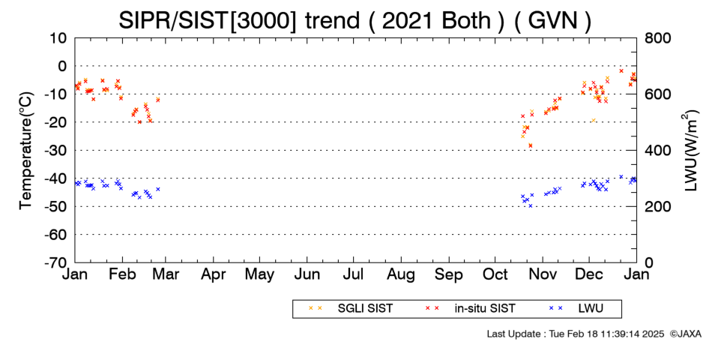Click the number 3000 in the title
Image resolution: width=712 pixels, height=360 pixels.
point(265,20)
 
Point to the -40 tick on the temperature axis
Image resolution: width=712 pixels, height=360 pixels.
point(55,178)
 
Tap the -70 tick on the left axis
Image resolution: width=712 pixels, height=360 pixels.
point(55,262)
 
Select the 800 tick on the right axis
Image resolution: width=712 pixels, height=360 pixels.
point(657,38)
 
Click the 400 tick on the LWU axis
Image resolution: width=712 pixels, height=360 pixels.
point(657,151)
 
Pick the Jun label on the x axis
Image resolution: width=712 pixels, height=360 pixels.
point(307,274)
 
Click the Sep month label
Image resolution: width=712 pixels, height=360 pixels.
point(449,274)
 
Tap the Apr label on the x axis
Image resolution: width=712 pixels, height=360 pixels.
point(213,274)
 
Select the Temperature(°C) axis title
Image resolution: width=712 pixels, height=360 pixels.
point(26,151)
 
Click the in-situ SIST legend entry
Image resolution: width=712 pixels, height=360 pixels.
point(470,309)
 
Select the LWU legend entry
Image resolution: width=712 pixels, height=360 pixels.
point(576,309)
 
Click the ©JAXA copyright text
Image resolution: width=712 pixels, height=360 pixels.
point(685,334)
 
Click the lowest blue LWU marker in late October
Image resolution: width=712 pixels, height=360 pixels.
point(530,206)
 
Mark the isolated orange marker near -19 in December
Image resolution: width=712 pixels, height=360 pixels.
point(594,120)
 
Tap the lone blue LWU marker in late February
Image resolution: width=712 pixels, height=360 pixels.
point(158,189)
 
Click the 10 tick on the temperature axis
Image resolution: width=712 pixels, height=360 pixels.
point(58,38)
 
